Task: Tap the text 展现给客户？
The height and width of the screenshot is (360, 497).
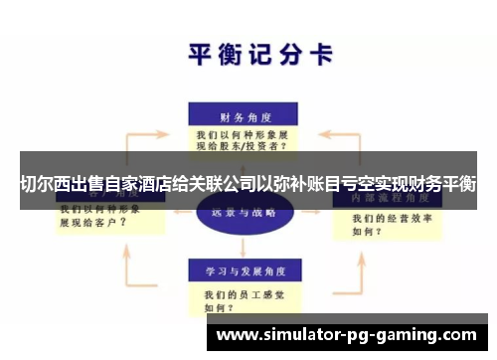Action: (x=94, y=223)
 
